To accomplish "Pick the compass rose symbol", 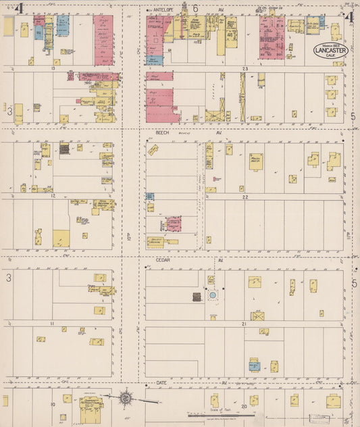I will [x=126, y=398].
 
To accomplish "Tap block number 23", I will [x=247, y=70].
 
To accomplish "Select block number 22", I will [x=247, y=197].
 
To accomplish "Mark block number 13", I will [x=51, y=70].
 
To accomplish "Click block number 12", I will [x=51, y=195].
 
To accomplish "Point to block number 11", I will [x=51, y=324].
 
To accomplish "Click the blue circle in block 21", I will [x=213, y=295].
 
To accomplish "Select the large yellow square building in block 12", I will [x=61, y=238].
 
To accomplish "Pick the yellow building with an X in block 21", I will [x=257, y=316].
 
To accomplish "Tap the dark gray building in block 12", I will [x=64, y=149].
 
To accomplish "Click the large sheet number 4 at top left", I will [x=20, y=9].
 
